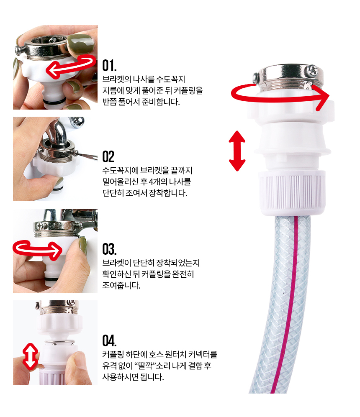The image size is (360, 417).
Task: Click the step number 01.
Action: coord(109,66)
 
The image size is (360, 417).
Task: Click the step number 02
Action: coord(108,157)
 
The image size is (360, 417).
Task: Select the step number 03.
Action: coord(109,249)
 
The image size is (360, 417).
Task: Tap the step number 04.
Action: coord(109,341)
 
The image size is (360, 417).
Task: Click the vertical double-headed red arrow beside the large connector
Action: coord(237,151)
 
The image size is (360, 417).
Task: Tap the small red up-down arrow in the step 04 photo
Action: coord(30,357)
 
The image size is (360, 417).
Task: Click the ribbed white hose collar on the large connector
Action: coord(292,193)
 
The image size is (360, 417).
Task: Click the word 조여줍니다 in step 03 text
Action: coord(121,286)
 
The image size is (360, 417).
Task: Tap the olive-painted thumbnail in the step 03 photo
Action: coord(83,246)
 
